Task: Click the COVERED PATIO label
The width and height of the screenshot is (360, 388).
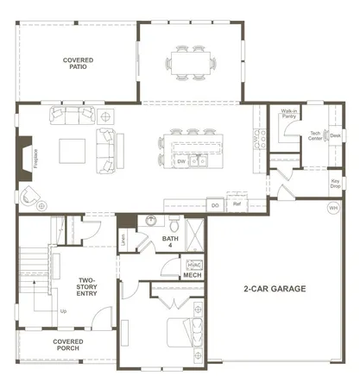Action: tap(79, 65)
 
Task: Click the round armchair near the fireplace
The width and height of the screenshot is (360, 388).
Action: tap(31, 196)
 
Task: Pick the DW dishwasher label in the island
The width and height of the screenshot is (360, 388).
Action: tap(181, 161)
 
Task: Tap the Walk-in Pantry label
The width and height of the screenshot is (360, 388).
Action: tap(289, 113)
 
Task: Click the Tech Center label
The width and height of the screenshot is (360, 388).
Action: tap(316, 135)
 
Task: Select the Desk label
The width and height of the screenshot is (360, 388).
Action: tap(335, 135)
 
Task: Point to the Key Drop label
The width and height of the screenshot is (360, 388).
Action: tap(336, 183)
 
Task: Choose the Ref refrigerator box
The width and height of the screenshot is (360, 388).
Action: tap(237, 204)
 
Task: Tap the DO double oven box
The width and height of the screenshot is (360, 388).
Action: tap(215, 205)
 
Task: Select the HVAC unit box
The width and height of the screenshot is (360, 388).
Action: tap(193, 264)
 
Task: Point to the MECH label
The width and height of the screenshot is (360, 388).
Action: tap(192, 276)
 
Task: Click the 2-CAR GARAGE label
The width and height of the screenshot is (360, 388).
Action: tap(274, 289)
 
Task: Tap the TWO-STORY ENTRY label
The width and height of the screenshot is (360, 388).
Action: tap(87, 287)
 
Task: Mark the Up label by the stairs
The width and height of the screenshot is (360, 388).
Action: tap(63, 310)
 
